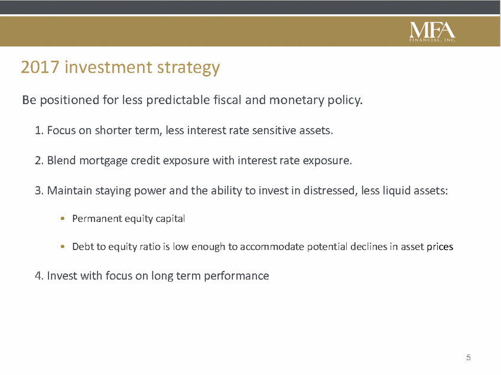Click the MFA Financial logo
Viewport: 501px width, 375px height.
point(432,32)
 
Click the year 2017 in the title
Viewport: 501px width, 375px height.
point(40,67)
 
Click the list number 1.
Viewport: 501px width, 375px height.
point(38,131)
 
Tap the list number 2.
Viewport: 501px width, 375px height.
point(38,161)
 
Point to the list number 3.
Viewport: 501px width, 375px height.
point(38,191)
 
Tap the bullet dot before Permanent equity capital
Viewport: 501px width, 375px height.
point(63,219)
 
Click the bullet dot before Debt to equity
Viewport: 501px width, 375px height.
point(63,247)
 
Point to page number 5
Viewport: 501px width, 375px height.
point(469,357)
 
